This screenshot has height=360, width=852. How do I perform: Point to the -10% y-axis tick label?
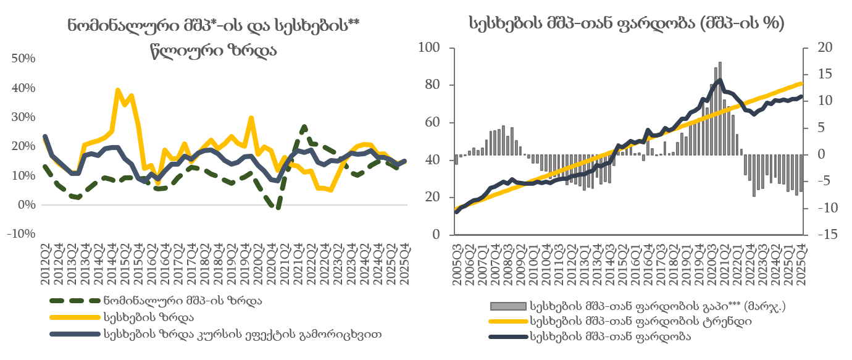[x=22, y=234]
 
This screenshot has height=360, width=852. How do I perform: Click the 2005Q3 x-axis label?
[x=456, y=264]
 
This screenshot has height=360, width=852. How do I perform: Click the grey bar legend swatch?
[x=508, y=306]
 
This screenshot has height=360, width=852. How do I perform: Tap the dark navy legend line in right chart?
[x=508, y=337]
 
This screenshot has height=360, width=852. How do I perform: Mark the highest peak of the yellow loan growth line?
[x=118, y=90]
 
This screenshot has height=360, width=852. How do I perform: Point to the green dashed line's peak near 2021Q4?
[x=304, y=127]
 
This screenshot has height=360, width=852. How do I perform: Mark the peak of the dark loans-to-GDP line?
[x=719, y=80]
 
